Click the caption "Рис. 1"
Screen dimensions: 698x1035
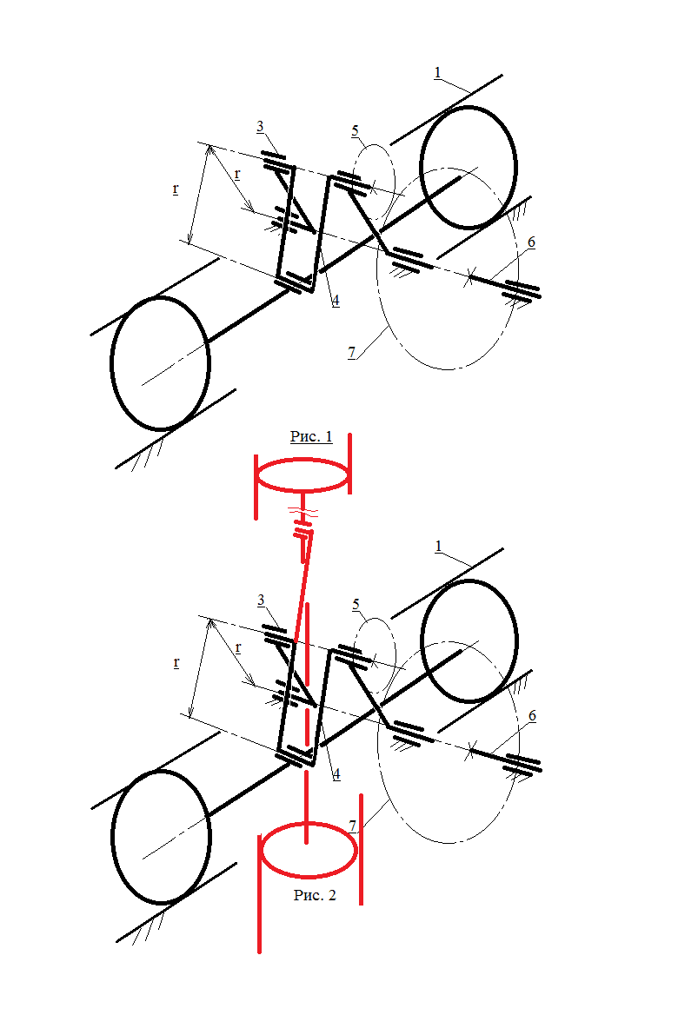pyautogui.click(x=311, y=436)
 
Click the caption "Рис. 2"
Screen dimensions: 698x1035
pyautogui.click(x=315, y=895)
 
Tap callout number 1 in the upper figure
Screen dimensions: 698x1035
pyautogui.click(x=438, y=73)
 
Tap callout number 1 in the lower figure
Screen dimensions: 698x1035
pyautogui.click(x=438, y=547)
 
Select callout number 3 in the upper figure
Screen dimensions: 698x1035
pyautogui.click(x=260, y=126)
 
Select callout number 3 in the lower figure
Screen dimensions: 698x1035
pyautogui.click(x=261, y=600)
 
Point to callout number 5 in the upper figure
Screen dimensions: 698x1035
pyautogui.click(x=356, y=130)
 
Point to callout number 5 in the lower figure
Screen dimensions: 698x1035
pyautogui.click(x=356, y=604)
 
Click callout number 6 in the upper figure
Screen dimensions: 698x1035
pyautogui.click(x=531, y=242)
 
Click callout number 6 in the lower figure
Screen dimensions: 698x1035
pyautogui.click(x=532, y=715)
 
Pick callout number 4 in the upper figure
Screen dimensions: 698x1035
pyautogui.click(x=336, y=301)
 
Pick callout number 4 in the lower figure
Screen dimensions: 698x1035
pyautogui.click(x=336, y=773)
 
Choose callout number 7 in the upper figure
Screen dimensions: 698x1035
pyautogui.click(x=351, y=353)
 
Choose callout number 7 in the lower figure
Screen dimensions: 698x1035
pyautogui.click(x=353, y=825)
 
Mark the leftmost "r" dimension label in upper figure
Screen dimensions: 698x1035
pyautogui.click(x=175, y=189)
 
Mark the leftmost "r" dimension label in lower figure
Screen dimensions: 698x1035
pyautogui.click(x=176, y=662)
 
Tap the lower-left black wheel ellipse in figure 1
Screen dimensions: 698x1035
pyautogui.click(x=111, y=364)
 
